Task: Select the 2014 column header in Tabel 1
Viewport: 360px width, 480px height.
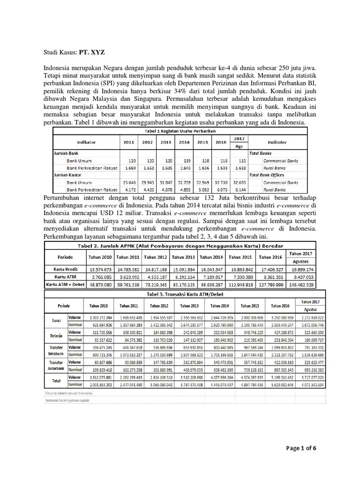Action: (x=184, y=142)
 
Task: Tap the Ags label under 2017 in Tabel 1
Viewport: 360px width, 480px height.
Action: (x=239, y=146)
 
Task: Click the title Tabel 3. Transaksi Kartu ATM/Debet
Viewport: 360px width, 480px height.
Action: (x=179, y=293)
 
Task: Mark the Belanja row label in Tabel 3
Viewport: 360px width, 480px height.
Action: (x=56, y=336)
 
